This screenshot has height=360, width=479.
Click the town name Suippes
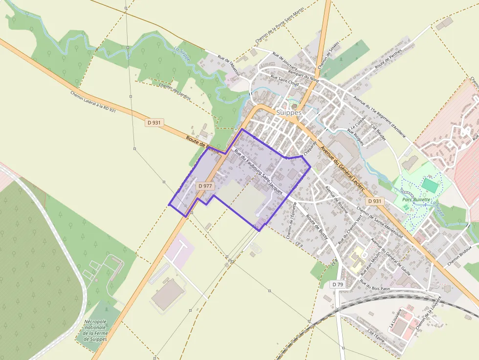(x=289, y=112)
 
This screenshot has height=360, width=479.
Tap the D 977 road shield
(x=206, y=186)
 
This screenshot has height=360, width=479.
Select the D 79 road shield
(x=338, y=284)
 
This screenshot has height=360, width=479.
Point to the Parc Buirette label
(x=416, y=199)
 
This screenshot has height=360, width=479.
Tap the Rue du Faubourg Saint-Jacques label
(x=259, y=172)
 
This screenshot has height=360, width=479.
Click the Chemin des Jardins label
(x=174, y=91)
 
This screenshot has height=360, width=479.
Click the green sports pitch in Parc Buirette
(x=430, y=185)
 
